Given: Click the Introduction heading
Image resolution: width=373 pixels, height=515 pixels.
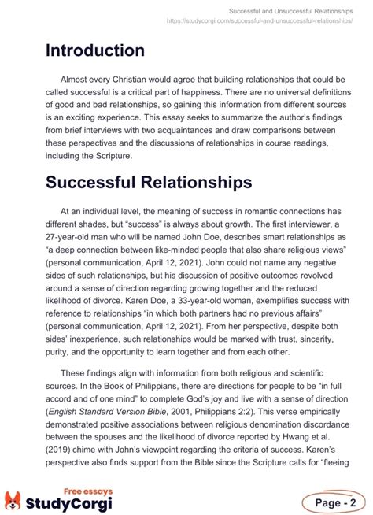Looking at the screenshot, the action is coord(94,50).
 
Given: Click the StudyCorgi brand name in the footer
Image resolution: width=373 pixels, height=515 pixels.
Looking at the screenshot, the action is coord(69,502).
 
